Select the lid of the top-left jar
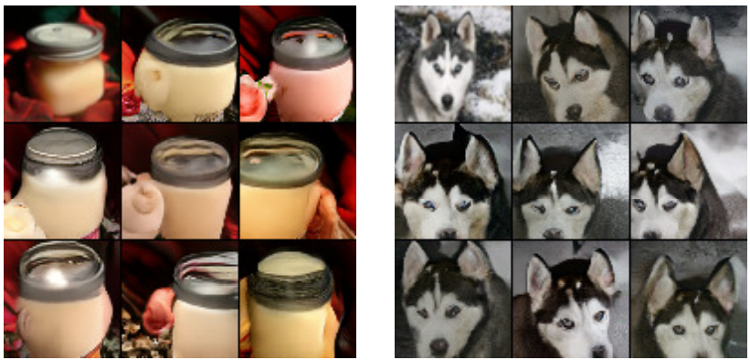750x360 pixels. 62,38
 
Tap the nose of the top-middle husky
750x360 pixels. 573,111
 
